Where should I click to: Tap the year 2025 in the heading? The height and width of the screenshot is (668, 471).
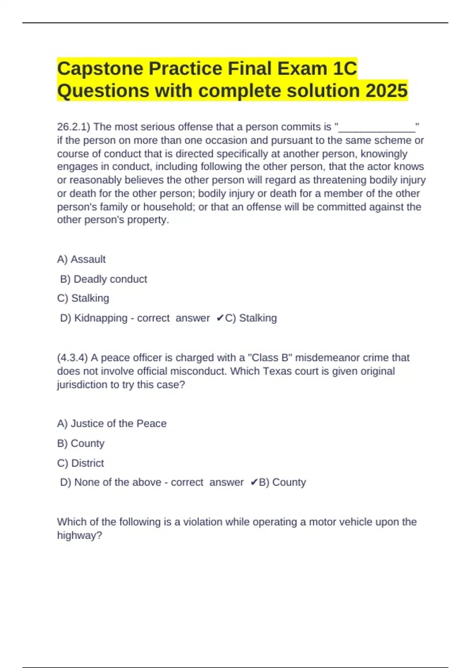click(387, 91)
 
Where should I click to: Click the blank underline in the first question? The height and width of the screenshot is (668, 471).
click(376, 128)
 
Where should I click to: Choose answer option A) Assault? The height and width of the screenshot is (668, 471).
click(81, 259)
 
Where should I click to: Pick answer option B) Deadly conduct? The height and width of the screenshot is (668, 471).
click(104, 279)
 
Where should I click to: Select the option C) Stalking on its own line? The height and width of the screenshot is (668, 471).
click(83, 298)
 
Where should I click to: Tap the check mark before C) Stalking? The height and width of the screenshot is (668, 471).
click(220, 318)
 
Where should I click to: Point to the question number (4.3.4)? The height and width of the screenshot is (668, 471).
click(73, 358)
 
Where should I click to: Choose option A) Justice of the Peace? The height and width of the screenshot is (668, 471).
click(112, 424)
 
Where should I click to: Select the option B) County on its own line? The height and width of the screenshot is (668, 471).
click(81, 443)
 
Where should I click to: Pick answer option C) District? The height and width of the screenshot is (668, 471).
click(80, 463)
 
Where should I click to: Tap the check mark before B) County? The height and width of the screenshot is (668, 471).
click(254, 482)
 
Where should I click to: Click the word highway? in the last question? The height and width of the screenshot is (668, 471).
click(79, 535)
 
